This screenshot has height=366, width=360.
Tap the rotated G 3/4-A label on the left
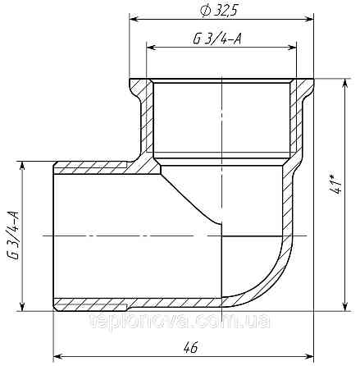click(x=14, y=235)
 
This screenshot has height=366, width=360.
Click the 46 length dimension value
click(x=191, y=348)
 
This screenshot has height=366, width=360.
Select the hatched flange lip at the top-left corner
click(x=140, y=87)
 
